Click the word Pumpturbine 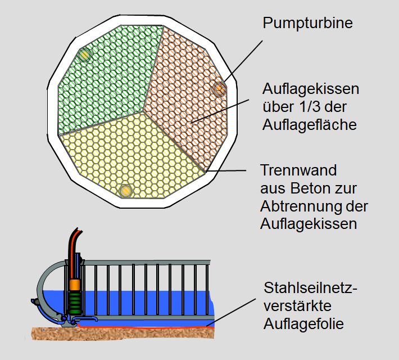tap(309, 23)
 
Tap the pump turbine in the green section tap(84, 54)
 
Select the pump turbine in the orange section tap(219, 89)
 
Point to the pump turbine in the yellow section tap(126, 191)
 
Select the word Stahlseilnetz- tap(311, 289)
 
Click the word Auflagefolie tap(303, 324)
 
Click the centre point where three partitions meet tap(143, 110)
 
